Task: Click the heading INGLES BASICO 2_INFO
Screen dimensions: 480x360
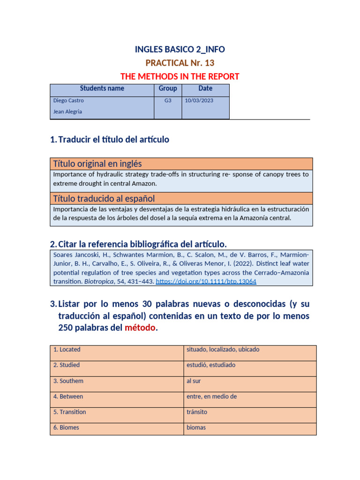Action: pyautogui.click(x=180, y=50)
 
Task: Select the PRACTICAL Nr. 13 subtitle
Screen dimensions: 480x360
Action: pyautogui.click(x=180, y=63)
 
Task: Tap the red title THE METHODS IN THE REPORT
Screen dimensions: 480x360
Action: pyautogui.click(x=180, y=76)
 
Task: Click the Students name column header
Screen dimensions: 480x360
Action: pyautogui.click(x=102, y=89)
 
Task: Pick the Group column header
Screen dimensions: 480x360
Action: pyautogui.click(x=168, y=89)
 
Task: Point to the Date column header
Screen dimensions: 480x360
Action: pyautogui.click(x=205, y=89)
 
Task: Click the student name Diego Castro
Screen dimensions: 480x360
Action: pyautogui.click(x=68, y=101)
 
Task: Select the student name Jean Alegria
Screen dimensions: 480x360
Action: pyautogui.click(x=67, y=112)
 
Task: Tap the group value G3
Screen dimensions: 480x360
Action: pyautogui.click(x=168, y=101)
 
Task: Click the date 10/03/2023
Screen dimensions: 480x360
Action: pyautogui.click(x=199, y=101)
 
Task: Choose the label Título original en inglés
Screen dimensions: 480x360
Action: pyautogui.click(x=97, y=164)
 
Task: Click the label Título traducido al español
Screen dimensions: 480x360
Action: pyautogui.click(x=104, y=198)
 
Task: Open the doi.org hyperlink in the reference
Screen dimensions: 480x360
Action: pyautogui.click(x=206, y=282)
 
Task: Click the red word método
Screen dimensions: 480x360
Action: pyautogui.click(x=140, y=328)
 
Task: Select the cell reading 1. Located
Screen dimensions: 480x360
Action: pyautogui.click(x=67, y=350)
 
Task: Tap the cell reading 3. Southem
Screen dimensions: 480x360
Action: pyautogui.click(x=68, y=381)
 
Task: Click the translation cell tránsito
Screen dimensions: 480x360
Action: pyautogui.click(x=197, y=412)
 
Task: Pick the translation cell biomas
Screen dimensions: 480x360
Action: pyautogui.click(x=196, y=427)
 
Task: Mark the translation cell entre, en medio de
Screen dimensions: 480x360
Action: pyautogui.click(x=211, y=397)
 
